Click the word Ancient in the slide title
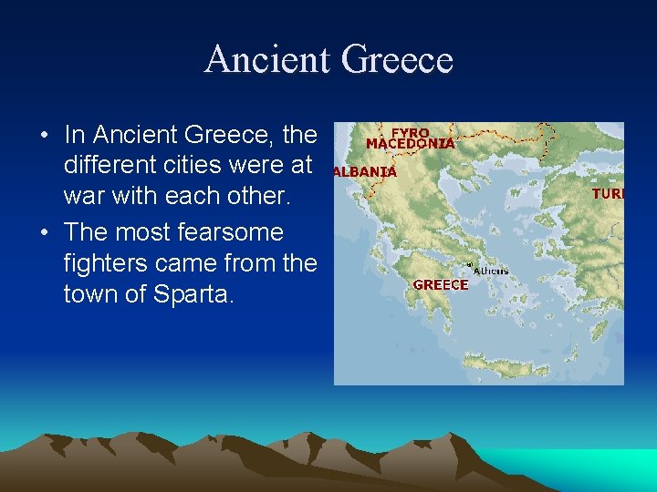266,60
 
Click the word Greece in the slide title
398,60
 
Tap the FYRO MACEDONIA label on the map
410,138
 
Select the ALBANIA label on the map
365,171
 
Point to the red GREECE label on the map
441,284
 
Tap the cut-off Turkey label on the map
608,194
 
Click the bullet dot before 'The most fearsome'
44,232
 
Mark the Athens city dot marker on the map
469,266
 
